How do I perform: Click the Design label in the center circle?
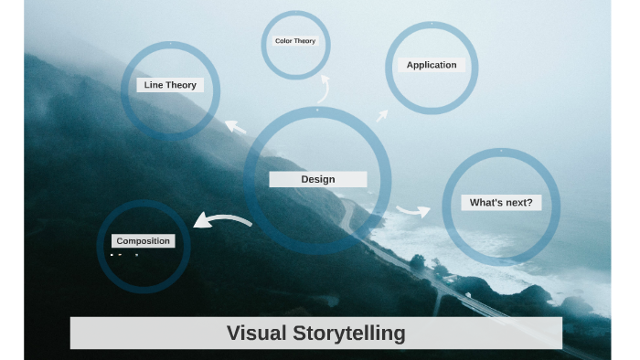(x=317, y=179)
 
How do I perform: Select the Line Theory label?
(x=170, y=85)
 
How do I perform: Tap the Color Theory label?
(x=295, y=41)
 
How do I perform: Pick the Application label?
(x=432, y=65)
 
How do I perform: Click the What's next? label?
(x=500, y=202)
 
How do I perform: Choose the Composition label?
(x=143, y=240)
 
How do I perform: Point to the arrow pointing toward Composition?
(x=221, y=220)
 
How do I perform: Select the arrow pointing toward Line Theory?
(x=236, y=126)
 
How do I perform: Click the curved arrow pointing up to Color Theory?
(x=323, y=90)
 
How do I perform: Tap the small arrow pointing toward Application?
(x=382, y=115)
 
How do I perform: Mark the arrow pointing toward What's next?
(x=413, y=211)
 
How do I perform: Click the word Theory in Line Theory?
(x=181, y=85)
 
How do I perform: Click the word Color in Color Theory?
(x=283, y=41)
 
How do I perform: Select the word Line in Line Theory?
(x=153, y=85)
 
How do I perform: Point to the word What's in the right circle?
(x=485, y=202)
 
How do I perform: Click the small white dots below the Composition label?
(x=124, y=255)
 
